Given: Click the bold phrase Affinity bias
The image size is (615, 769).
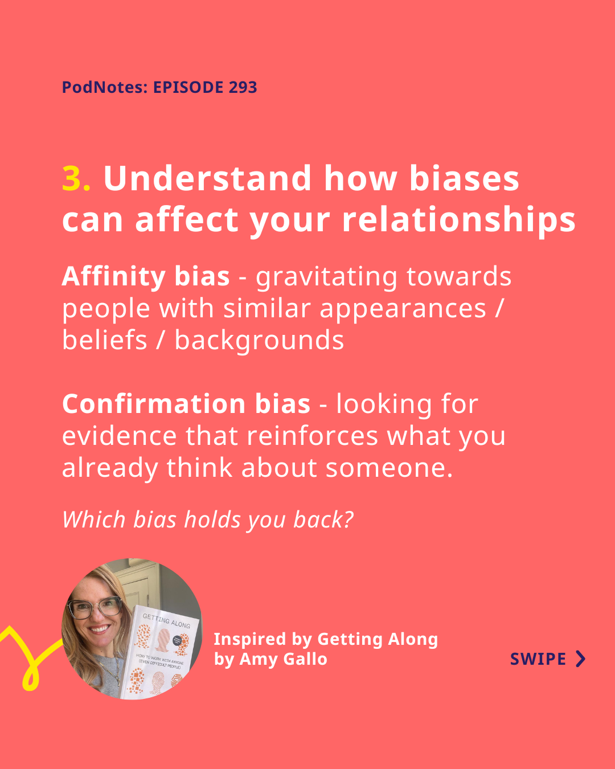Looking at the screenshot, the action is (x=146, y=276).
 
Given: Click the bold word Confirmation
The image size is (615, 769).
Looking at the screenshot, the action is (x=154, y=404).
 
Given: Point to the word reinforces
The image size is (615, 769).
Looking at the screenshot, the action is (x=312, y=436).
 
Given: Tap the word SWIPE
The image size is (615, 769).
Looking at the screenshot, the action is (x=538, y=659).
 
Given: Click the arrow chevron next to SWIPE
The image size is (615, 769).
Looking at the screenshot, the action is (x=581, y=659).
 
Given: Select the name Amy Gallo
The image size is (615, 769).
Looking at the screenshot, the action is (x=284, y=659).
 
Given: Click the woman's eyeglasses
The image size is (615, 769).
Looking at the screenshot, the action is (x=95, y=607).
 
